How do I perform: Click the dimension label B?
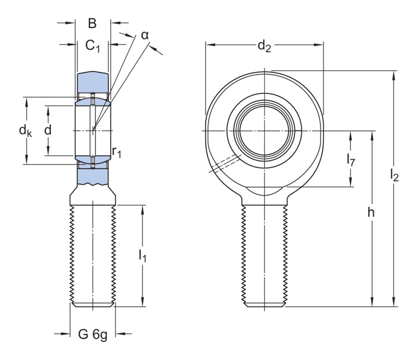(x=92, y=23)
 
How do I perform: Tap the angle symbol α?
(x=145, y=35)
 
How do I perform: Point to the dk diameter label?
(x=26, y=130)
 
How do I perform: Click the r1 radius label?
(x=117, y=152)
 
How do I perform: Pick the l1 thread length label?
(x=142, y=256)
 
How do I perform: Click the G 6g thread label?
(x=93, y=334)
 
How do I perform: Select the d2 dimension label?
(x=264, y=46)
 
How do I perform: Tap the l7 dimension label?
(x=351, y=160)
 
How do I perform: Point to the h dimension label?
(x=371, y=213)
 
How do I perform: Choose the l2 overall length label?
(x=394, y=176)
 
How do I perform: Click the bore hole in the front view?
(x=264, y=130)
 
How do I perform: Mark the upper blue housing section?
(x=93, y=83)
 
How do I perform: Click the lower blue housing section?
(x=93, y=177)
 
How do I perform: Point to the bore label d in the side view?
(x=47, y=130)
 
